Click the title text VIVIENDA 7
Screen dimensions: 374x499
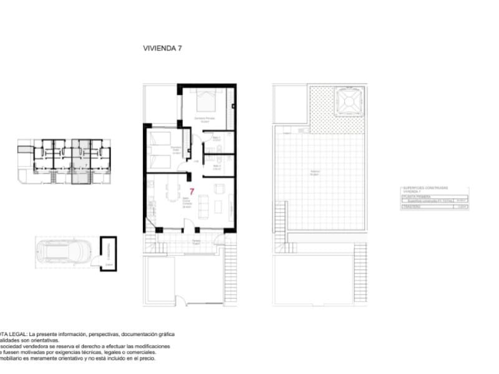162,47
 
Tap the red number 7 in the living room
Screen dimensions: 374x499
192,191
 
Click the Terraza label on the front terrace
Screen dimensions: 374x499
196,241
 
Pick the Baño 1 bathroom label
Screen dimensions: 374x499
216,138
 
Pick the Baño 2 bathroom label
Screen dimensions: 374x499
217,166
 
